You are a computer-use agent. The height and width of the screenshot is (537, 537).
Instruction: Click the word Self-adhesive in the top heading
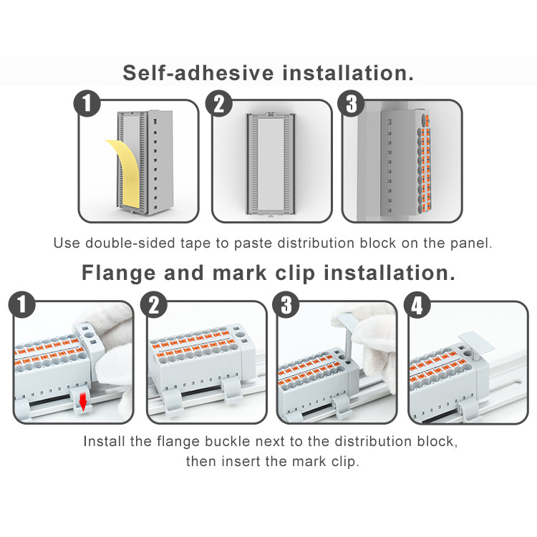198,73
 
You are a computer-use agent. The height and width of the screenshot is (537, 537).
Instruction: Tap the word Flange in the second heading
118,273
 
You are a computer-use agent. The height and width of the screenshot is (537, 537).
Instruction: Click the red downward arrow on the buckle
82,402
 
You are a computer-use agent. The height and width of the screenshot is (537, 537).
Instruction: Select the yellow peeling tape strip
125,174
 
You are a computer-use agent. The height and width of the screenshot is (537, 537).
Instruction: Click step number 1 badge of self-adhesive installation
87,103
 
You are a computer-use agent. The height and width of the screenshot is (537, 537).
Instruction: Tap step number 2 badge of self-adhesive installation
219,103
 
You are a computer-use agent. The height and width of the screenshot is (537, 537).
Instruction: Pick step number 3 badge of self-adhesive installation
351,103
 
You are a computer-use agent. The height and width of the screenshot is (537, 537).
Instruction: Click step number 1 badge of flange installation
22,305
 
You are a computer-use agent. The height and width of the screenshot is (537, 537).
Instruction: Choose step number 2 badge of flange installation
154,305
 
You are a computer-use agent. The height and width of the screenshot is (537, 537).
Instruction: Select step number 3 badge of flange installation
286,305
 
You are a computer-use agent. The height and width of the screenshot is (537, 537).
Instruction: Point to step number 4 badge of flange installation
417,305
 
